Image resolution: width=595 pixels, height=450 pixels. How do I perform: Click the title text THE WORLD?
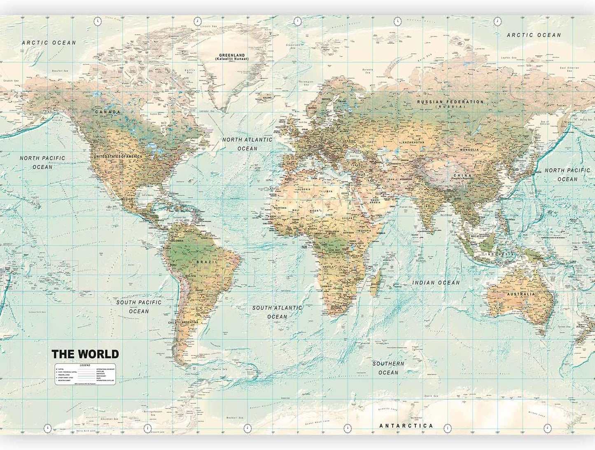(85, 354)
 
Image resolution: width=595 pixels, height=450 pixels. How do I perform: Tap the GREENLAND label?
(232, 55)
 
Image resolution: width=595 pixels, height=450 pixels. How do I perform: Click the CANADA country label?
(107, 112)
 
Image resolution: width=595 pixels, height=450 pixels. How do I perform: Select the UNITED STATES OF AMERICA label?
(118, 157)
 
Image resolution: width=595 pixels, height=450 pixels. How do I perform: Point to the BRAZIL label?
(207, 262)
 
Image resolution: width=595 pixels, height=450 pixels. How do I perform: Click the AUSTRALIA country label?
(521, 294)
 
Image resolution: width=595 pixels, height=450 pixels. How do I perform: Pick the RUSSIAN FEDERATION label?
(450, 102)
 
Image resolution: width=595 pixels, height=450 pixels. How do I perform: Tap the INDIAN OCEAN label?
(436, 283)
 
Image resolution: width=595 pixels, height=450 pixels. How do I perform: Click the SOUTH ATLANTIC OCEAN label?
(277, 312)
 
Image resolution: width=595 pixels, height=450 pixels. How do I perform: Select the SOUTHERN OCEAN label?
(388, 368)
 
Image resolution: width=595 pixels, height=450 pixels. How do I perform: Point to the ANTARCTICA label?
(406, 426)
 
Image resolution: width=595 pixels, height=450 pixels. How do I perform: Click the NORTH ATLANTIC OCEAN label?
(247, 144)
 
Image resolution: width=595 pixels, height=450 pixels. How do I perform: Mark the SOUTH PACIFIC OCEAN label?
(139, 307)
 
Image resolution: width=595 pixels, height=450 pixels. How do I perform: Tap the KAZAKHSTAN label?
(413, 142)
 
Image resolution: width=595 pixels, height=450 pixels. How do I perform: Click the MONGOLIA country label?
(469, 150)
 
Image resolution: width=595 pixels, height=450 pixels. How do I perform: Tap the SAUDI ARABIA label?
(375, 201)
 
